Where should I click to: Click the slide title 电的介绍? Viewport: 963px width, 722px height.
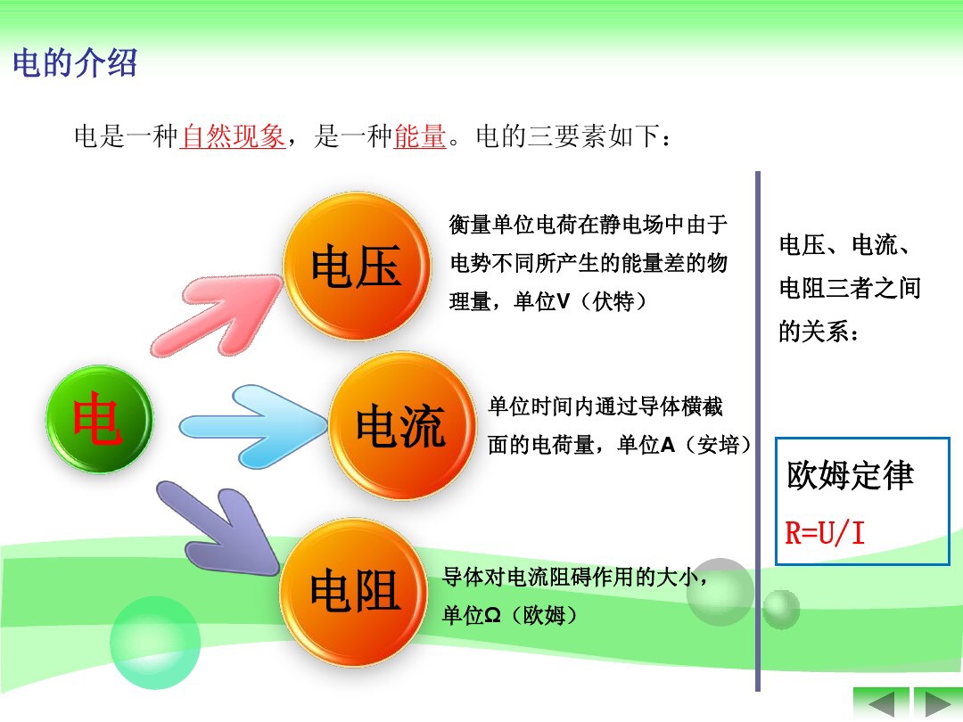click(x=75, y=63)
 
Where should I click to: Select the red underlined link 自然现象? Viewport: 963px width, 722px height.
click(x=232, y=136)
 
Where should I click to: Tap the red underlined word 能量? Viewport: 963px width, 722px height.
click(x=419, y=136)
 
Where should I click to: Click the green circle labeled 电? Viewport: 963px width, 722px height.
click(x=100, y=419)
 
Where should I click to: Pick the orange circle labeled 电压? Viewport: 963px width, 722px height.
click(x=357, y=266)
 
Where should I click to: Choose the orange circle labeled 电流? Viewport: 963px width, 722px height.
click(x=402, y=425)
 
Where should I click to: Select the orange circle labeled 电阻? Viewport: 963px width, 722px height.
click(x=354, y=592)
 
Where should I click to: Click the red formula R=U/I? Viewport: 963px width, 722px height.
click(x=825, y=533)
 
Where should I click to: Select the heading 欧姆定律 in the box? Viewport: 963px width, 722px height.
click(x=851, y=475)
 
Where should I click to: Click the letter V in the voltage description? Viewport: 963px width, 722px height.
click(x=564, y=301)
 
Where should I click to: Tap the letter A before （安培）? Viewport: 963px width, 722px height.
click(x=668, y=445)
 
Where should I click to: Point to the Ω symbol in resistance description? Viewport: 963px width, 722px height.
click(x=492, y=615)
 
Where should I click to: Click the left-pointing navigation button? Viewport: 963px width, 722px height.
click(x=881, y=703)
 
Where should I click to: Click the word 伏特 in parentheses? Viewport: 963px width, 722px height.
click(x=613, y=301)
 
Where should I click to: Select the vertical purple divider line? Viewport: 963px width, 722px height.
click(x=758, y=431)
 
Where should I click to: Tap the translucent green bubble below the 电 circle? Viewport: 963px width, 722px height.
click(x=155, y=642)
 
